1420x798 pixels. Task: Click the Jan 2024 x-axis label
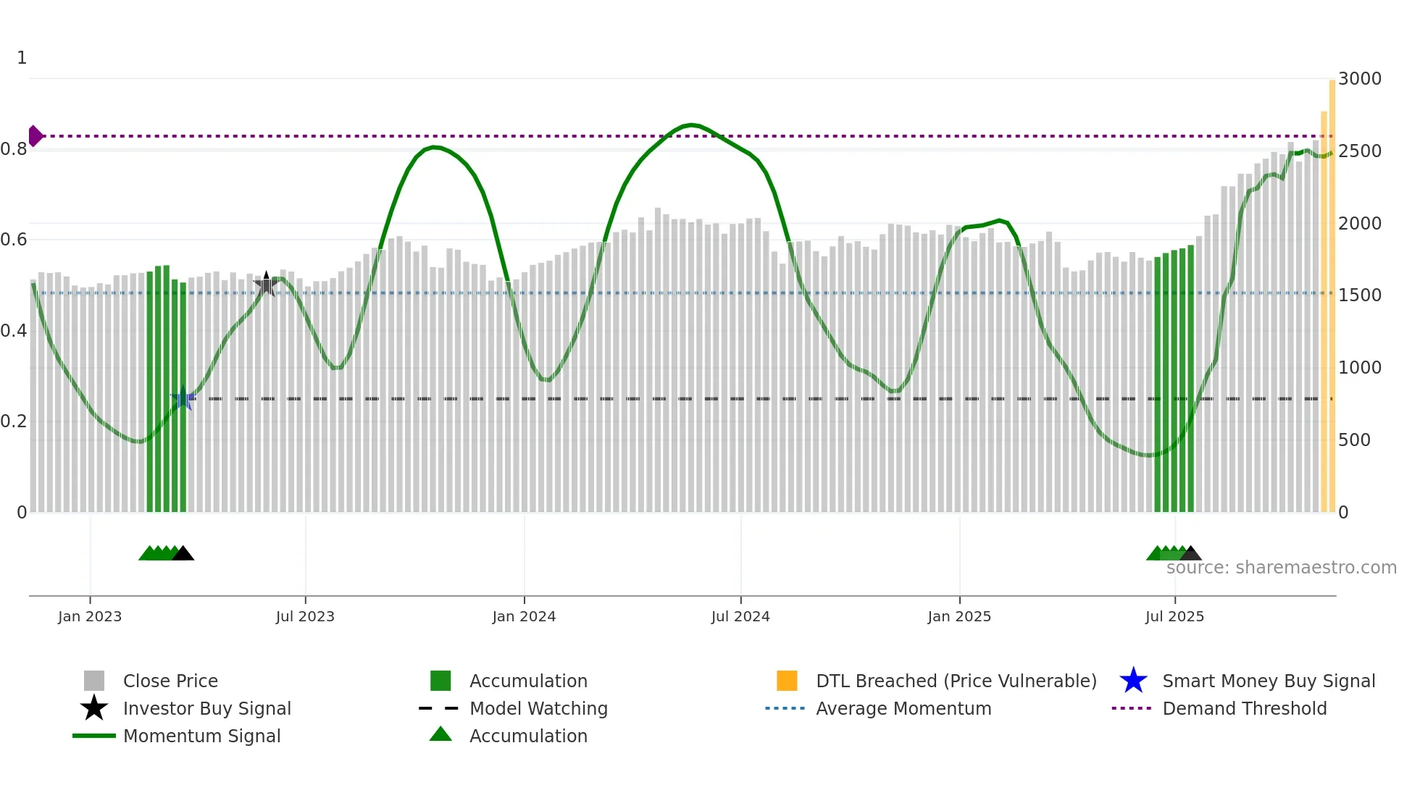click(524, 616)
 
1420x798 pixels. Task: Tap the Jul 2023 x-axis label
click(305, 616)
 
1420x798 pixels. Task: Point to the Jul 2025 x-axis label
click(1174, 616)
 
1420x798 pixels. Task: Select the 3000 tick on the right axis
click(1359, 78)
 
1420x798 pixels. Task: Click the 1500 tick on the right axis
click(1359, 295)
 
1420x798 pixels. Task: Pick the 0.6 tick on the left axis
click(14, 240)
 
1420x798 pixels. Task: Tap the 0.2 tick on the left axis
click(14, 421)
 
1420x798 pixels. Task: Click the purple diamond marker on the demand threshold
click(35, 135)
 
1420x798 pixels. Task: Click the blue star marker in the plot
click(182, 398)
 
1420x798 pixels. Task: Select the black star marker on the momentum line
click(266, 285)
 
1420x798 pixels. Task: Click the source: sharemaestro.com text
click(1281, 568)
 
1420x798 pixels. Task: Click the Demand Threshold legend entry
click(1244, 708)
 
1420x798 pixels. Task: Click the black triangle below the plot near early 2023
click(183, 554)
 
